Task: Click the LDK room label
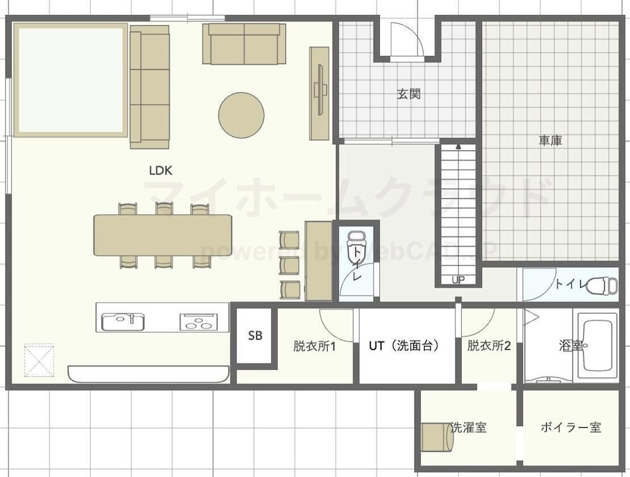(x=161, y=170)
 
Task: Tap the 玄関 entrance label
(x=409, y=94)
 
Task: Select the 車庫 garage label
(x=550, y=141)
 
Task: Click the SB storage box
(x=255, y=336)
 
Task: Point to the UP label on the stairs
(x=458, y=280)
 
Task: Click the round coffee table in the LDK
(x=241, y=115)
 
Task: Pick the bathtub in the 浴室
(x=597, y=346)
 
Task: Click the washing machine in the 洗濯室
(x=437, y=437)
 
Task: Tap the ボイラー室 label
(x=571, y=427)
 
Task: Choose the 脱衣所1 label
(x=314, y=346)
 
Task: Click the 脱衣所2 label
(x=489, y=345)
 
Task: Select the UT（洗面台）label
(x=403, y=345)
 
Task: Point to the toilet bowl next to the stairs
(x=355, y=240)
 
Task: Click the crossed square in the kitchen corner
(x=39, y=360)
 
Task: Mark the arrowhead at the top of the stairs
(x=458, y=146)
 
